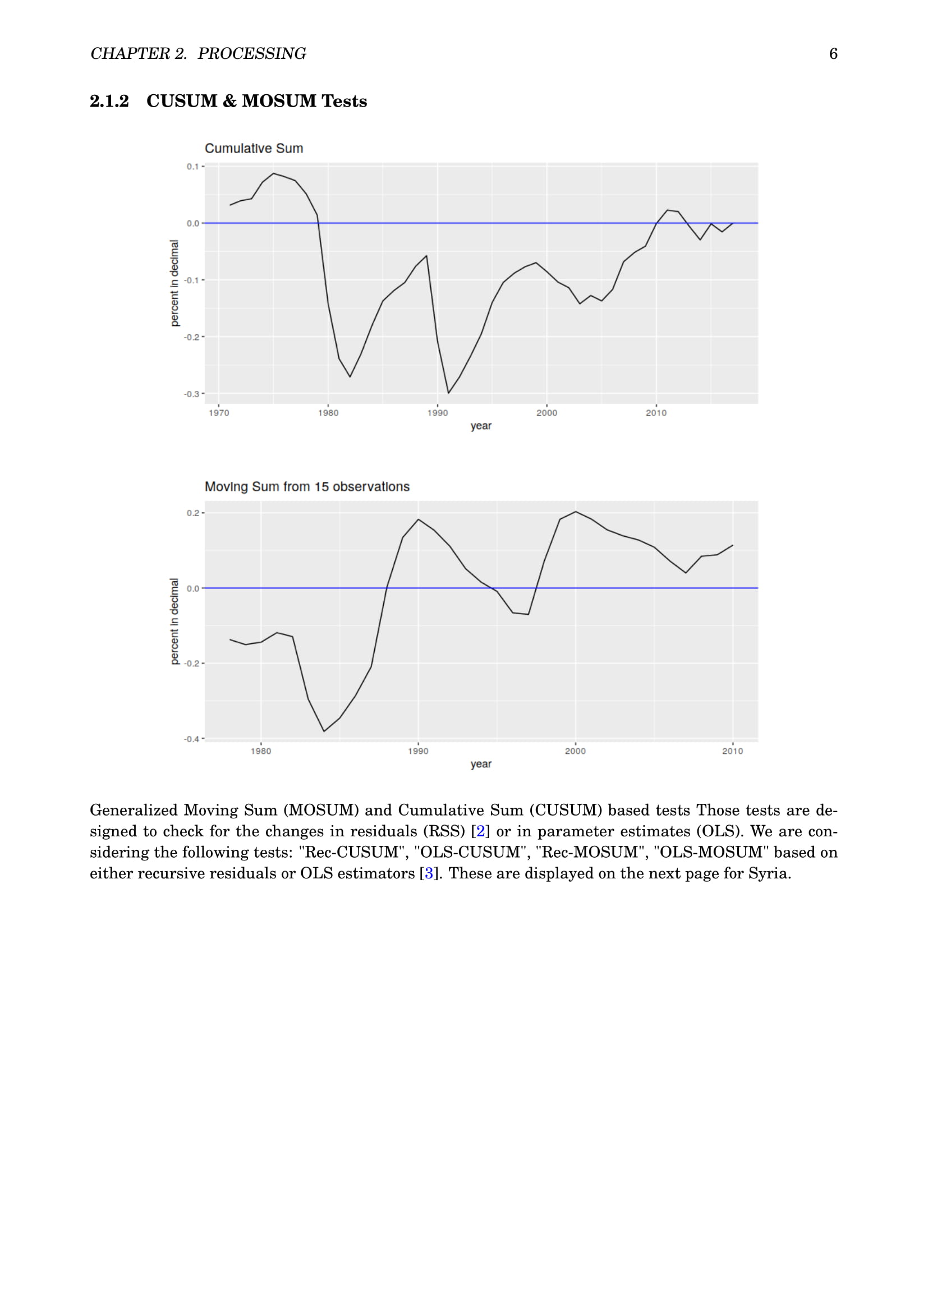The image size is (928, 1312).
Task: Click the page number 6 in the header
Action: [x=833, y=54]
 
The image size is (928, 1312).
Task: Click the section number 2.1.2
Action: [x=109, y=101]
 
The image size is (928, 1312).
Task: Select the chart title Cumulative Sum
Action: [x=254, y=149]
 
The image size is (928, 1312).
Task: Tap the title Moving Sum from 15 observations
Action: [x=307, y=487]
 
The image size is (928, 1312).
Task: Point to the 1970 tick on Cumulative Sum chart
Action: [x=219, y=413]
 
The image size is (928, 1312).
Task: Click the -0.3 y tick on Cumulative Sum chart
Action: [x=191, y=394]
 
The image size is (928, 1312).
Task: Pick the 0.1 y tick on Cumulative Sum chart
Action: [x=192, y=166]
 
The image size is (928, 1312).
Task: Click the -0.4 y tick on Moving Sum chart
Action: [x=191, y=739]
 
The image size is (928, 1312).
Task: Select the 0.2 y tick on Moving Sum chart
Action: [x=192, y=513]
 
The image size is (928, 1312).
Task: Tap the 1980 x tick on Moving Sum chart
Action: [x=261, y=751]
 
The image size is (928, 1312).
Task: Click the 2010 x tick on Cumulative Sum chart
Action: [x=656, y=413]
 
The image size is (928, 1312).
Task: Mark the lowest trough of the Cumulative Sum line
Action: [x=449, y=393]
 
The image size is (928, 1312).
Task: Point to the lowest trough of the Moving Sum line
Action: [x=324, y=731]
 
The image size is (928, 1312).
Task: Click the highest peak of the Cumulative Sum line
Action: [x=274, y=173]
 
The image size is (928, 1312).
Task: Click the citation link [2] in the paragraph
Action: [x=481, y=831]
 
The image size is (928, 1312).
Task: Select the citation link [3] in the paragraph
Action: [x=429, y=874]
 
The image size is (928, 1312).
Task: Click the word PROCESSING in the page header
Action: [x=251, y=54]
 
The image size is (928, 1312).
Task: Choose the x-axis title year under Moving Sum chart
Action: [x=481, y=764]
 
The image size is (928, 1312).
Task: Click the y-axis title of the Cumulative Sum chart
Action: [x=174, y=283]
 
